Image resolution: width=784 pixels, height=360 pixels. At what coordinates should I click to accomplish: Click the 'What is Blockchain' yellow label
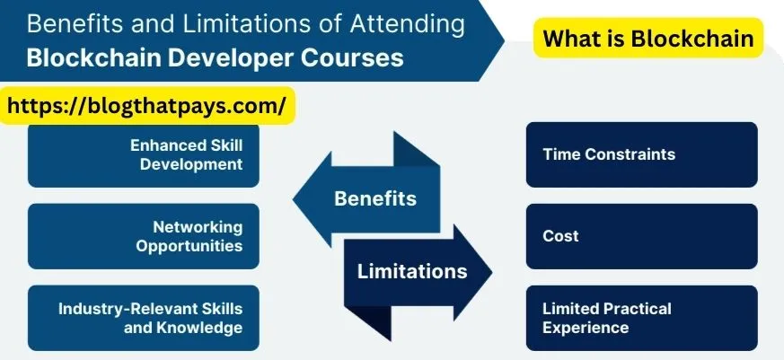pyautogui.click(x=648, y=38)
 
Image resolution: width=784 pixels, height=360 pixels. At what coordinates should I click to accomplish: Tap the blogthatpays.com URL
pyautogui.click(x=147, y=106)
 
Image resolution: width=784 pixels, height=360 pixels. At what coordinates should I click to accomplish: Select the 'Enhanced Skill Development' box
pyautogui.click(x=144, y=155)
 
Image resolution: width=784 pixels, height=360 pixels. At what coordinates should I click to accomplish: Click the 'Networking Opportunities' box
pyautogui.click(x=144, y=236)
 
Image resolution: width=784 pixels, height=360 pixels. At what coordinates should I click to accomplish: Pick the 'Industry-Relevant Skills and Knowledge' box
pyautogui.click(x=144, y=318)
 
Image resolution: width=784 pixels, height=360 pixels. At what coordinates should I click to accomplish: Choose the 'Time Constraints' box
pyautogui.click(x=642, y=155)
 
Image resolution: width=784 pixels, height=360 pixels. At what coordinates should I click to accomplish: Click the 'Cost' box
pyautogui.click(x=642, y=236)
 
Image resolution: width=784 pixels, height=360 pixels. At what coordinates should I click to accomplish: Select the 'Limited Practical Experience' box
pyautogui.click(x=642, y=318)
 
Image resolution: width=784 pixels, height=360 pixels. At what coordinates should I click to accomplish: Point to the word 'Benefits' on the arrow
pyautogui.click(x=375, y=198)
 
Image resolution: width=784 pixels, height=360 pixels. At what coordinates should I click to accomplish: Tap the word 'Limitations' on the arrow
pyautogui.click(x=412, y=271)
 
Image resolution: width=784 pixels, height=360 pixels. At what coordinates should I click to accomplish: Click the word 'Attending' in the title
pyautogui.click(x=408, y=25)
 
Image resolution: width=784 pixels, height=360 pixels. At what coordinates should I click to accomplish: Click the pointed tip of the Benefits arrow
pyautogui.click(x=294, y=199)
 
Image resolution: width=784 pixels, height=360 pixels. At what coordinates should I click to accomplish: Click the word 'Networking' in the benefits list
pyautogui.click(x=198, y=227)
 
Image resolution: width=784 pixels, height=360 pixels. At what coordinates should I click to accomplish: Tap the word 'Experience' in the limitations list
pyautogui.click(x=586, y=328)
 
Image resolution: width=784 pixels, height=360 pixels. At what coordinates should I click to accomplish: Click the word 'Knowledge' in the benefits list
pyautogui.click(x=199, y=328)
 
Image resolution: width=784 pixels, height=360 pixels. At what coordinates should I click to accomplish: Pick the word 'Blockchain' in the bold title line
pyautogui.click(x=95, y=58)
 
